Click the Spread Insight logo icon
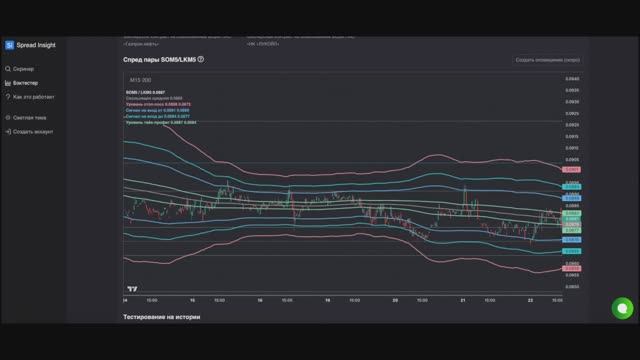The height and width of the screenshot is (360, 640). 9,45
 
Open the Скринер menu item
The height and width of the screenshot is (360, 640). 24,68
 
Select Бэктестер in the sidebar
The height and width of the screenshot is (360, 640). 27,82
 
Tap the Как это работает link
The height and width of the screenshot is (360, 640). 33,97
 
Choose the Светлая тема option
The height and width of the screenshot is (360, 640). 29,117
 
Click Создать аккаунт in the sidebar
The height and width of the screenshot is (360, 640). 33,131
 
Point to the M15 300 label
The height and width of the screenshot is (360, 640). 140,80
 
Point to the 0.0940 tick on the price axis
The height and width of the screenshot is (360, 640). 572,78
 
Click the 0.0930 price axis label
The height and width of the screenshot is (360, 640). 572,101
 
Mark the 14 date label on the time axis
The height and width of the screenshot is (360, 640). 125,299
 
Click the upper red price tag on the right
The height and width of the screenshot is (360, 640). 572,170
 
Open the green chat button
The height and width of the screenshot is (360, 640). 621,308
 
